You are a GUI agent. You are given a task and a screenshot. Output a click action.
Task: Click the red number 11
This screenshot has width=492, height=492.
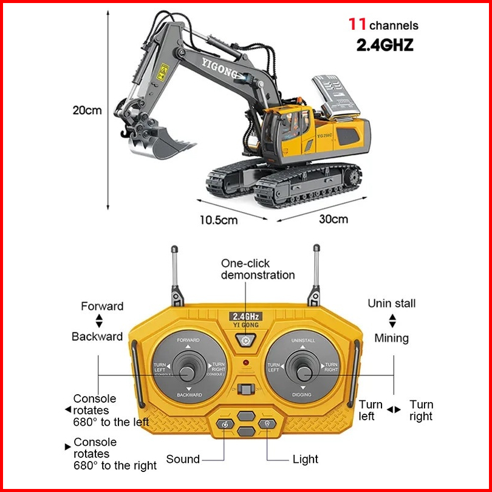357,24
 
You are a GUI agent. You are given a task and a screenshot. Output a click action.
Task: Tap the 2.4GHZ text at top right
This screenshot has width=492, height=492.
384,45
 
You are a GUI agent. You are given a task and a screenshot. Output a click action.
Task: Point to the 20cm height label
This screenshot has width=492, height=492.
87,111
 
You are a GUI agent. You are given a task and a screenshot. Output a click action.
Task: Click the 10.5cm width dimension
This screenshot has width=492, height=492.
219,220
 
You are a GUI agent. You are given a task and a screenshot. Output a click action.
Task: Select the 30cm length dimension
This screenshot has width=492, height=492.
333,219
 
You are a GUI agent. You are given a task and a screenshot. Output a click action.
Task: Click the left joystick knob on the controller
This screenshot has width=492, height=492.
188,369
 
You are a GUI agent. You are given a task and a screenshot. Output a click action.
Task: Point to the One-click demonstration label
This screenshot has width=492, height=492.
258,270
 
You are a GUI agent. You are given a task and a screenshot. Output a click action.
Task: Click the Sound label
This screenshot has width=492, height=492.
183,459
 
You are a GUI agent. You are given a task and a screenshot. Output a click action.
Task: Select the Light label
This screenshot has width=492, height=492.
305,459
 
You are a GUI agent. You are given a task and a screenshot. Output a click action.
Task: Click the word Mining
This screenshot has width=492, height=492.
391,338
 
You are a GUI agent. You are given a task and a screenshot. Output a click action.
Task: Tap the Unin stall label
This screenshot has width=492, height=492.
392,303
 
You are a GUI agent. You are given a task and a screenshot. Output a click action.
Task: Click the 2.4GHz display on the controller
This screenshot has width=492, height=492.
245,316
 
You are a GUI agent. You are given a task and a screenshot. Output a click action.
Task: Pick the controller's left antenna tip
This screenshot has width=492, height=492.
174,249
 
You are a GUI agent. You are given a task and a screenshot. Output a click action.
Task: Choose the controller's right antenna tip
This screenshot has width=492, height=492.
316,248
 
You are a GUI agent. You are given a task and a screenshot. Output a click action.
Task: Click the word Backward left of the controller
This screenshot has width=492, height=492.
97,337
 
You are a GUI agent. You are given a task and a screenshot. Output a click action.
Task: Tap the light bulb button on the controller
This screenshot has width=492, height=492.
265,424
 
